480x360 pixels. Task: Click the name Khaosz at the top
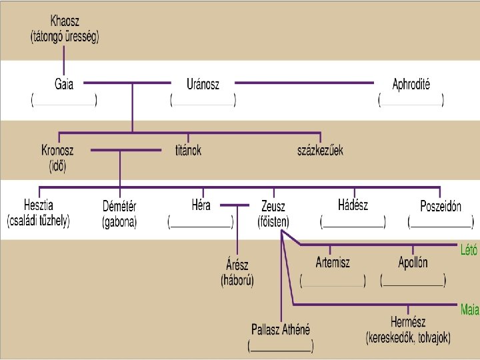point(65,21)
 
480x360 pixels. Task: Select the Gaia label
point(64,85)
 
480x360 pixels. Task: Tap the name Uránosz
point(203,85)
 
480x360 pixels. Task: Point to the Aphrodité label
point(411,85)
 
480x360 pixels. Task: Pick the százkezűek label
point(320,150)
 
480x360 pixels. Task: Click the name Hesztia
point(39,205)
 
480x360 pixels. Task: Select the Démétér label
point(119,207)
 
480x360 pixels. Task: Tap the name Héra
point(201,205)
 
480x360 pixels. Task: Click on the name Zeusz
point(273,207)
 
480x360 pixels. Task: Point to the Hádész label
point(353,205)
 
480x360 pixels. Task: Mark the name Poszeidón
point(441,207)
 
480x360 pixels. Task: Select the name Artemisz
point(333,263)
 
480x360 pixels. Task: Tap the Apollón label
point(413,263)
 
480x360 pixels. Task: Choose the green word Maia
point(469,309)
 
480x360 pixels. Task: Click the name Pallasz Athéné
point(281,329)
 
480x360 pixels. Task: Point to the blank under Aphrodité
point(411,101)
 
